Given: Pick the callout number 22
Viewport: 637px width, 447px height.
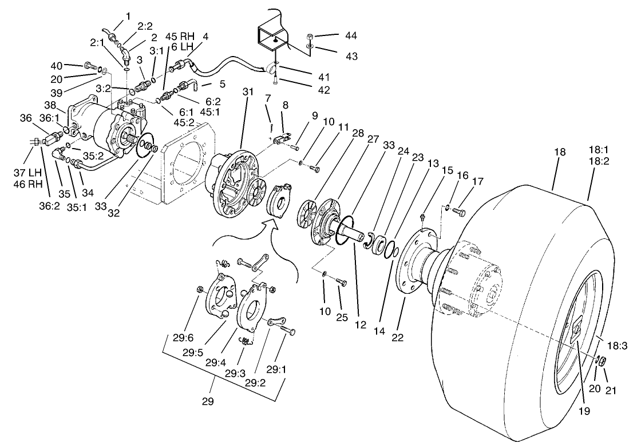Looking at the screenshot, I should pos(398,338).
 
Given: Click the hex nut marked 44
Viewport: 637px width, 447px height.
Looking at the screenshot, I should pos(309,35).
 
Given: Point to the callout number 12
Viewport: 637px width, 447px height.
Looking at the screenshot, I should pos(359,325).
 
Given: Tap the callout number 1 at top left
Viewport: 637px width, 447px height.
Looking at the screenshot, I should pos(128,15).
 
